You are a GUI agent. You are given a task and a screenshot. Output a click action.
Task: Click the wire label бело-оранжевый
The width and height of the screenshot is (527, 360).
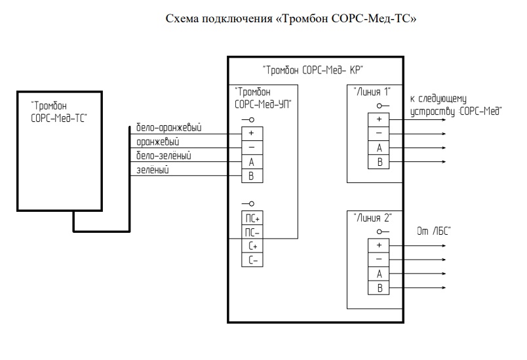pyautogui.click(x=168, y=127)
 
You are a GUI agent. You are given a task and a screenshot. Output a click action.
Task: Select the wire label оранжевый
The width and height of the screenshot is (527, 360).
pyautogui.click(x=157, y=141)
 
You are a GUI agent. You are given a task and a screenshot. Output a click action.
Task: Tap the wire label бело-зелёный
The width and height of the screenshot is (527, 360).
pyautogui.click(x=164, y=155)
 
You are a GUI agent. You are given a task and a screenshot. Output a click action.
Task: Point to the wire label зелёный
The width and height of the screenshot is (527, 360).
pyautogui.click(x=153, y=170)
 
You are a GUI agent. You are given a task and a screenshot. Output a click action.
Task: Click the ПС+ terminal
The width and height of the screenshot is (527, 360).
pyautogui.click(x=252, y=218)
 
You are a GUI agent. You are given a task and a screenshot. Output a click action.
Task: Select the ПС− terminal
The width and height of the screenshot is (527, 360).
pyautogui.click(x=252, y=232)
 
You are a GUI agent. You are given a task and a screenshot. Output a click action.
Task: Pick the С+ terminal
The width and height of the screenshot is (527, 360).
pyautogui.click(x=252, y=247)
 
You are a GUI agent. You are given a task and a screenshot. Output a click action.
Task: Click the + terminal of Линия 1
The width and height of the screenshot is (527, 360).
pyautogui.click(x=379, y=119)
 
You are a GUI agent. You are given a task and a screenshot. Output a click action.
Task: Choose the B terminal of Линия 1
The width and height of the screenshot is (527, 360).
pyautogui.click(x=379, y=162)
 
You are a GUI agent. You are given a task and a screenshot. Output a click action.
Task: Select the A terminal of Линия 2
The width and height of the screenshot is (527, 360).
pyautogui.click(x=379, y=273)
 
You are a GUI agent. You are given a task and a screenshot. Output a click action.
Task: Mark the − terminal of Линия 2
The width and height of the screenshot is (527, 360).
pyautogui.click(x=379, y=259)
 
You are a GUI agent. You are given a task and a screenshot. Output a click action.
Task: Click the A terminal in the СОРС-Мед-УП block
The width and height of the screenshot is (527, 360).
pyautogui.click(x=252, y=161)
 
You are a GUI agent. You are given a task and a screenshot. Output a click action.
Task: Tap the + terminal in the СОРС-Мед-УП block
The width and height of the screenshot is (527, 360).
pyautogui.click(x=252, y=132)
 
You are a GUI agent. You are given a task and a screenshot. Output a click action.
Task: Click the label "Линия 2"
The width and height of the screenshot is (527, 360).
pyautogui.click(x=372, y=218)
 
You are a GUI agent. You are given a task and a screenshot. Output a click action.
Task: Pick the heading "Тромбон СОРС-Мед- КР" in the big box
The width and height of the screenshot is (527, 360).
pyautogui.click(x=313, y=69)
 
